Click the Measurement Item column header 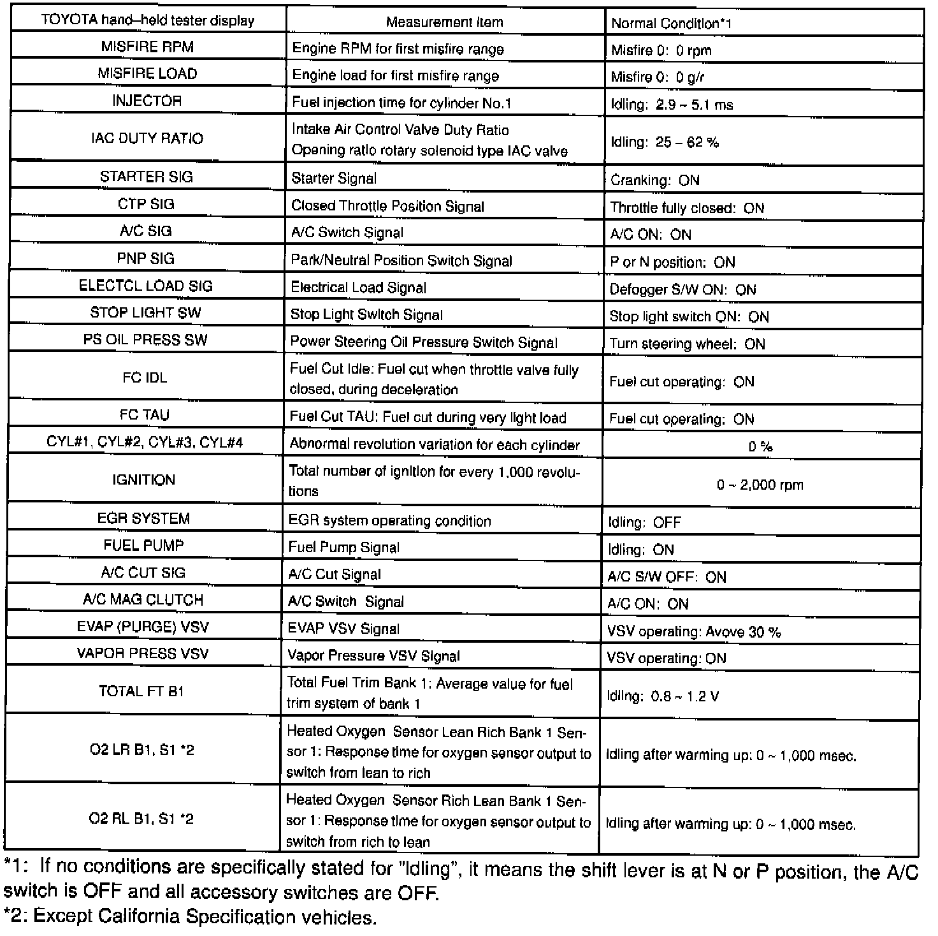(x=444, y=22)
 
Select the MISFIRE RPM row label (x=147, y=47)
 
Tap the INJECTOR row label (x=147, y=101)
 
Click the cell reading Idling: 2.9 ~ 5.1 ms (x=672, y=105)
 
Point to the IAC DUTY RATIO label (x=147, y=138)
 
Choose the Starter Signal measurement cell (x=334, y=179)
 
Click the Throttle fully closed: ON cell (x=687, y=208)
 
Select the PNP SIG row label (x=146, y=258)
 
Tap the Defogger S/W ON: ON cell (x=682, y=289)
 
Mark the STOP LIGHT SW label (x=145, y=312)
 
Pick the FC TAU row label (x=145, y=415)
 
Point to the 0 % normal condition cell (x=760, y=446)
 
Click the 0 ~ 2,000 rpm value (x=760, y=485)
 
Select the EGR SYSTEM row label (x=143, y=518)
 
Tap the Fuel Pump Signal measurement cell (x=344, y=547)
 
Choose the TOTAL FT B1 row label (x=141, y=691)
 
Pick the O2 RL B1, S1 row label (x=141, y=819)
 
